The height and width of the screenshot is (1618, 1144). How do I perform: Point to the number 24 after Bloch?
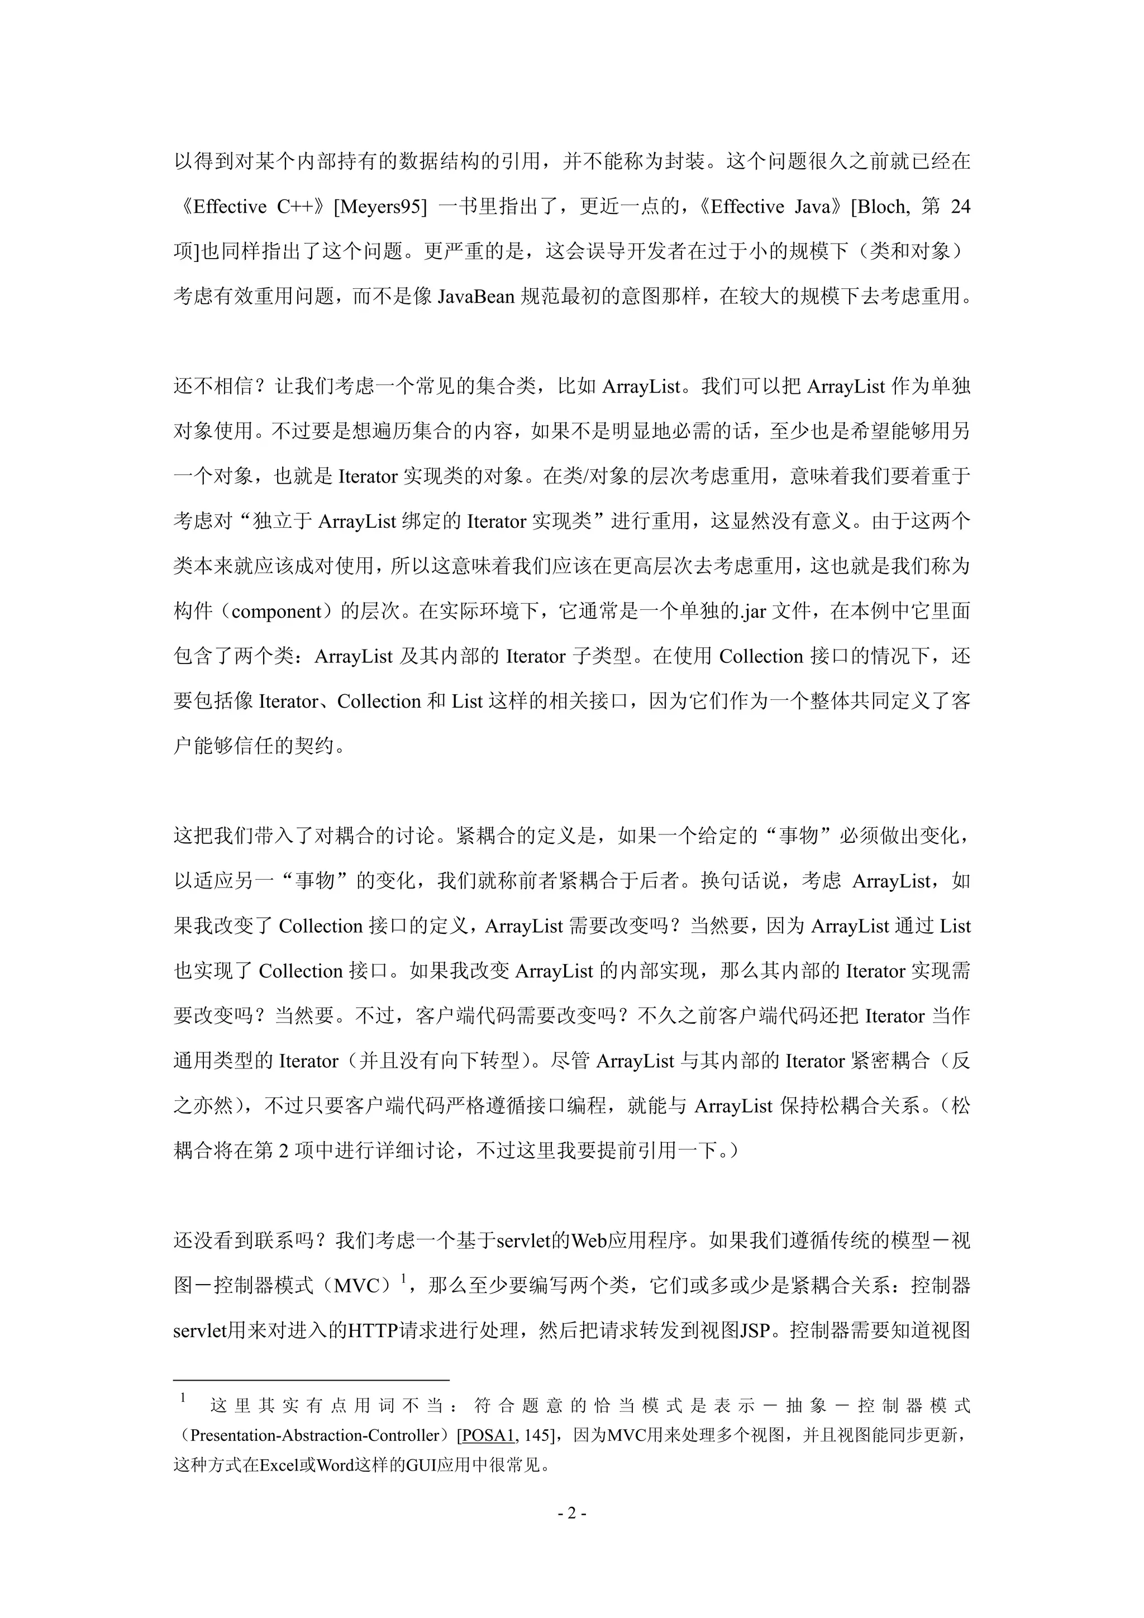pyautogui.click(x=960, y=207)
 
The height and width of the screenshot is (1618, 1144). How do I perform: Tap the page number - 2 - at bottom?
pyautogui.click(x=571, y=1514)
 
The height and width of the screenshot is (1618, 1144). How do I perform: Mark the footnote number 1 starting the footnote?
pyautogui.click(x=183, y=1397)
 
